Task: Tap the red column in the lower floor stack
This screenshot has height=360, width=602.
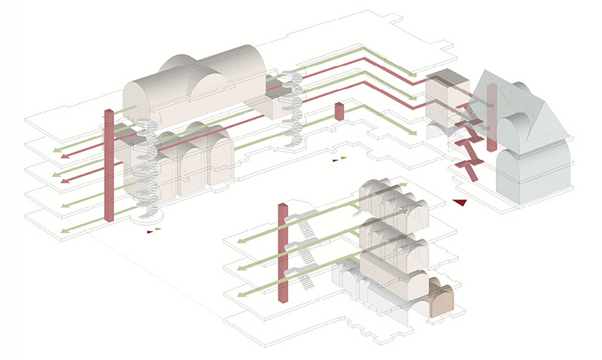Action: coord(284,254)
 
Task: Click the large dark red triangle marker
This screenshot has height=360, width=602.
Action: coord(458,202)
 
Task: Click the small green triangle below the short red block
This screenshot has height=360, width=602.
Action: coord(344,157)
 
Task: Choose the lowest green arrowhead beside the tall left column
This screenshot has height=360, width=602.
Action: coord(65,231)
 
